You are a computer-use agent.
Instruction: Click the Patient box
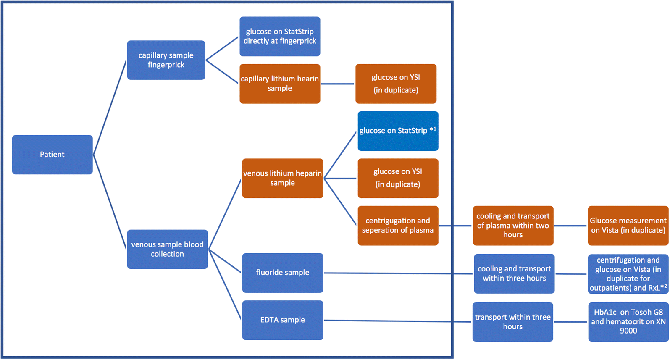coord(52,155)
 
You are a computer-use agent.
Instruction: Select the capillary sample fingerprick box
coord(166,60)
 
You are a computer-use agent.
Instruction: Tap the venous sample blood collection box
coord(167,249)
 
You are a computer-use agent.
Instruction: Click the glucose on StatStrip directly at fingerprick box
coord(280,37)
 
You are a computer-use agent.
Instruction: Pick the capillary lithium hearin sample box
coord(280,84)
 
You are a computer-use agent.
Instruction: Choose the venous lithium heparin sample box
coord(282,178)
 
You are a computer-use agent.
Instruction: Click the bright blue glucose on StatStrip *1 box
coord(398,131)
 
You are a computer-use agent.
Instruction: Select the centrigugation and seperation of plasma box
coord(398,226)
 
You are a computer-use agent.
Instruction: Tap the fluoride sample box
coord(282,273)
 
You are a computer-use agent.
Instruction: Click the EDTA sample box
coord(282,320)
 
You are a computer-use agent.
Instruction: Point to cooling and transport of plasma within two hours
coord(513,226)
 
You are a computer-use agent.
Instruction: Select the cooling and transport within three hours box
coord(514,273)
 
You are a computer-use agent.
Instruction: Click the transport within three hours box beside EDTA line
coord(512,322)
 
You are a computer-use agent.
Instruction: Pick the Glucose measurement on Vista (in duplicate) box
coord(628,226)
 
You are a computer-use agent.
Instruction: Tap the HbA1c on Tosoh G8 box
coord(628,322)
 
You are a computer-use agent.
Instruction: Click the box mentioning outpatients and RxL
coord(628,274)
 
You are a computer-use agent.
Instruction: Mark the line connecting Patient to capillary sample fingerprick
coord(109,108)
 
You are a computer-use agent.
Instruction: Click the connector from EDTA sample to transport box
coord(397,321)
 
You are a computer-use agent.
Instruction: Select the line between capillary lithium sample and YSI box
coord(338,84)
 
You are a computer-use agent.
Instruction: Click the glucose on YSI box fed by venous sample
coord(398,178)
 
